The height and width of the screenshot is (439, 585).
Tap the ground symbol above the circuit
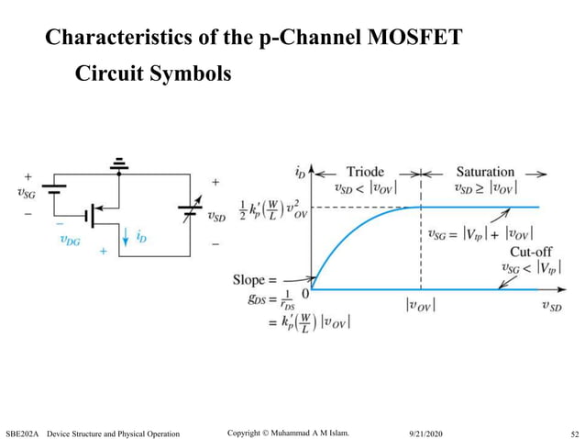pos(118,165)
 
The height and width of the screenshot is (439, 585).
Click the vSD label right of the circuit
pos(217,217)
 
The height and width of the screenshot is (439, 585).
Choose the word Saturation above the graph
pos(485,172)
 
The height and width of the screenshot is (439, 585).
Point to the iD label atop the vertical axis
pos(300,172)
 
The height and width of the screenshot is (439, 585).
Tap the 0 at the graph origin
pos(306,292)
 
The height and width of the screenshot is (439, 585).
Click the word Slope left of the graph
pos(252,279)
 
